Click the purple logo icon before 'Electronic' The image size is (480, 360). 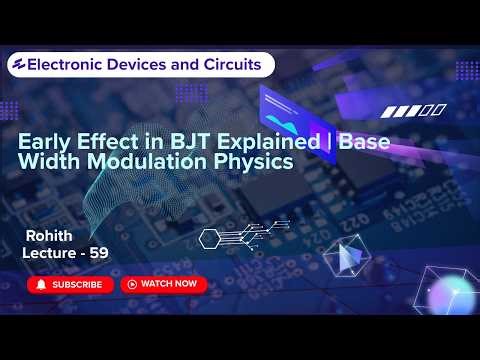pos(16,64)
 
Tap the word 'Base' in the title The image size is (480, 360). pos(364,142)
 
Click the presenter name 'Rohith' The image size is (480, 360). pos(50,236)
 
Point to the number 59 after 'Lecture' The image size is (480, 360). pos(98,254)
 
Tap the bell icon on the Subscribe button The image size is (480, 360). pos(42,284)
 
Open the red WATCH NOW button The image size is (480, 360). pos(163,284)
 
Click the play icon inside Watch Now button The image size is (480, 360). pos(131,284)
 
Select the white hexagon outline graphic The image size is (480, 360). pos(210,238)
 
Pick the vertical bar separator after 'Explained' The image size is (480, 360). pos(329,142)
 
